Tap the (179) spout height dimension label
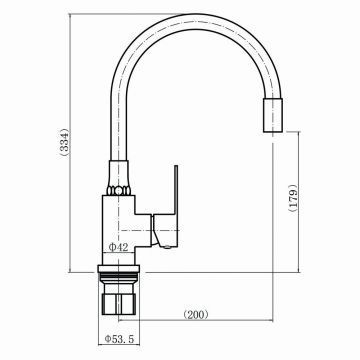click(292, 197)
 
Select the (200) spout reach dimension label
click(196, 315)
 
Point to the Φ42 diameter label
click(119, 247)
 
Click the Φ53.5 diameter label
click(119, 339)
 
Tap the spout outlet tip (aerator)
click(273, 115)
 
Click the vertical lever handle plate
click(176, 189)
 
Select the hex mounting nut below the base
click(119, 303)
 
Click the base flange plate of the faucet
click(119, 269)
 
